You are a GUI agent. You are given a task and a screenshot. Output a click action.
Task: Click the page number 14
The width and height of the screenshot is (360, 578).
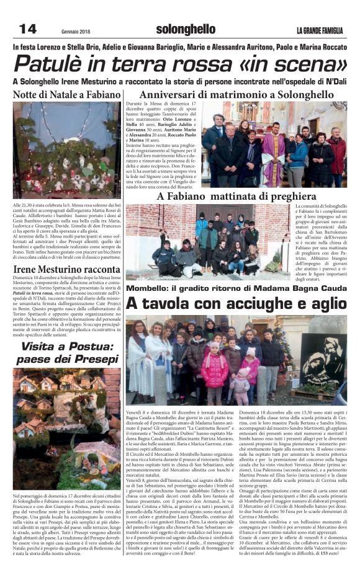tap(27, 29)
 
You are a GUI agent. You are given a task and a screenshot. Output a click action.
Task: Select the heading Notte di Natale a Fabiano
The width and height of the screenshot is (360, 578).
tap(66, 94)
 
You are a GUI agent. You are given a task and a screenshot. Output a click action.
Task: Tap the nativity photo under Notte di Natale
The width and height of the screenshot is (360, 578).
tap(66, 149)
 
